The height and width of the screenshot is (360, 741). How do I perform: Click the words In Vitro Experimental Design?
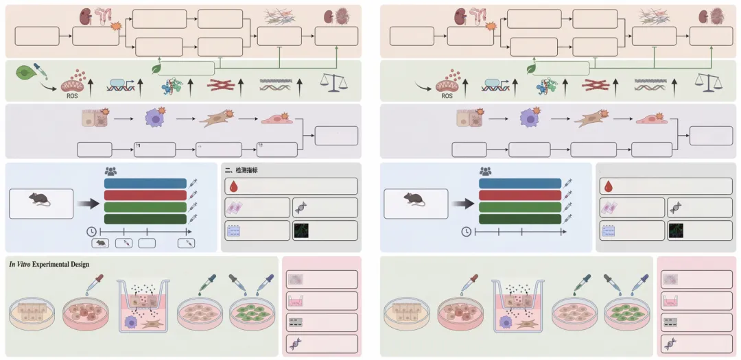point(49,264)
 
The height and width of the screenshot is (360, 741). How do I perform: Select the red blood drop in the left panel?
point(233,187)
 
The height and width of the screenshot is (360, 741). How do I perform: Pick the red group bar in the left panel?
point(145,195)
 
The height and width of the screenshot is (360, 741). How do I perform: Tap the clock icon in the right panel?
point(467,231)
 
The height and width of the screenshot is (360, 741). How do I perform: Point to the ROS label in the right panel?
point(447,96)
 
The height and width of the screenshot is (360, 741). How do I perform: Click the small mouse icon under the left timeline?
point(100,243)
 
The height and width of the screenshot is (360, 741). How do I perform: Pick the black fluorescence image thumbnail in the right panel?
point(677,230)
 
